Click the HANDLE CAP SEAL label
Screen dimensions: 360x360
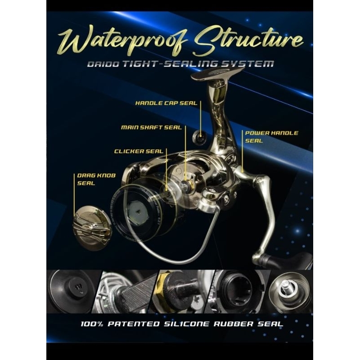pos(166,103)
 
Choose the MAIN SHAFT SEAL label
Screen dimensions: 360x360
pos(151,127)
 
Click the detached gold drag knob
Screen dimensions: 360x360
pos(92,227)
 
